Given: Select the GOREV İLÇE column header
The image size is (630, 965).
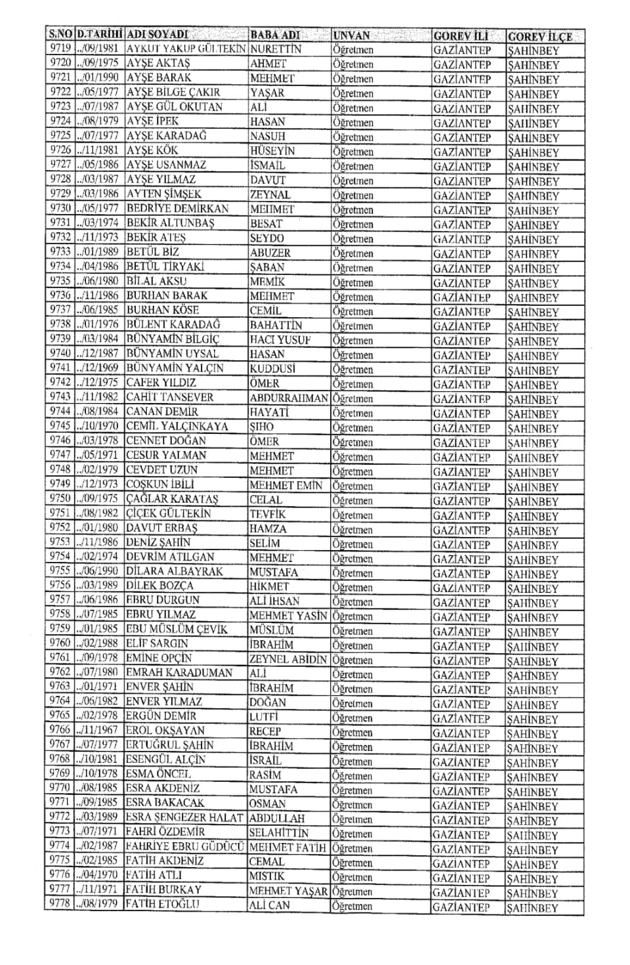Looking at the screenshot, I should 539,36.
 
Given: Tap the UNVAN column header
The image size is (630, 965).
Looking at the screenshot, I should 352,35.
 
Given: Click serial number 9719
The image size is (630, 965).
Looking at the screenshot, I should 60,49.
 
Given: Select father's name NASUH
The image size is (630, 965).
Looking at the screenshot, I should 268,137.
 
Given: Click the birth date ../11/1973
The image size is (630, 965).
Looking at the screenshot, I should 98,238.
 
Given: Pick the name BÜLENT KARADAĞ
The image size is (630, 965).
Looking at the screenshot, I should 173,325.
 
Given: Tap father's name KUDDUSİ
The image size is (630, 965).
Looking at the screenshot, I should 272,369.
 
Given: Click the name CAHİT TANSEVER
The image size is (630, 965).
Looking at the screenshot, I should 170,397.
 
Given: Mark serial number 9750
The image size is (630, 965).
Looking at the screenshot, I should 60,499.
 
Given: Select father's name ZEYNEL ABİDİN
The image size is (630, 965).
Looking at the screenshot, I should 288,659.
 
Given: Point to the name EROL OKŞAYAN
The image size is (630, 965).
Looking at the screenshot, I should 165,731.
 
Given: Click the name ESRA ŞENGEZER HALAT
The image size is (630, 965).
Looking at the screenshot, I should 185,818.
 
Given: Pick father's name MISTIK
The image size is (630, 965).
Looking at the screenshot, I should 267,876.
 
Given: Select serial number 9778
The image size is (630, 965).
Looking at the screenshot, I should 60,905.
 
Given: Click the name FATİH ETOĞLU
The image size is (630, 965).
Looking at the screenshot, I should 163,905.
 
